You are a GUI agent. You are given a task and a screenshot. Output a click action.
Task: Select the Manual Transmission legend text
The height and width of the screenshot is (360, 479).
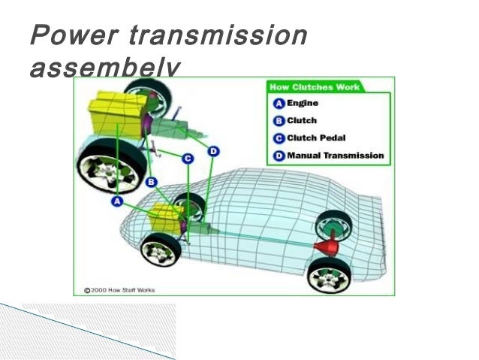(x=335, y=156)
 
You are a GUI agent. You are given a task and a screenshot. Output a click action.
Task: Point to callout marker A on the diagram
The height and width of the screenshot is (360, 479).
(x=117, y=201)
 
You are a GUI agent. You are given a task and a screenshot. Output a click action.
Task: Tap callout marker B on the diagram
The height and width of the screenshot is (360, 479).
(x=152, y=181)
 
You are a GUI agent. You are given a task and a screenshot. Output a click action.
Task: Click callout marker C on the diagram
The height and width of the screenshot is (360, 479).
(x=187, y=158)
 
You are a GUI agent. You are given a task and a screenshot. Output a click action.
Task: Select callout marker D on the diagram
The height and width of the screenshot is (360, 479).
(x=213, y=151)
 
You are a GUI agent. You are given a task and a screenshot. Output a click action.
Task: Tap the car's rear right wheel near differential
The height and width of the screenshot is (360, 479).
(x=331, y=225)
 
